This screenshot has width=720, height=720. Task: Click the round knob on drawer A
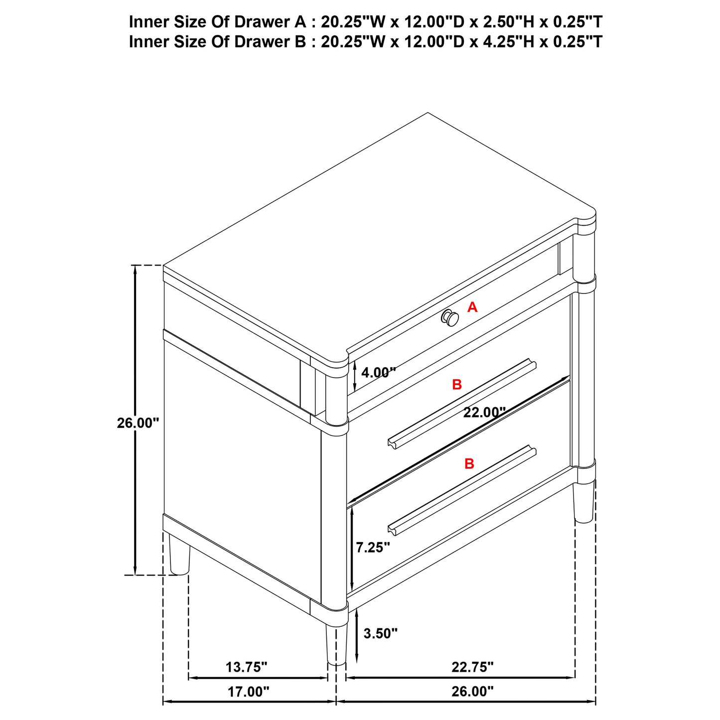click(449, 317)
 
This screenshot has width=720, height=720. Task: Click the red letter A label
click(472, 307)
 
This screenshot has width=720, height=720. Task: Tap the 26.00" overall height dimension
click(138, 423)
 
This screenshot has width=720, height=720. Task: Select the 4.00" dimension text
click(378, 372)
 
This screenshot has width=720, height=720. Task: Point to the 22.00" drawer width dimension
click(484, 413)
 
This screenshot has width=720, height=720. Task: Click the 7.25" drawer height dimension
click(373, 548)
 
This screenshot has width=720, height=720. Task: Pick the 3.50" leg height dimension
click(381, 633)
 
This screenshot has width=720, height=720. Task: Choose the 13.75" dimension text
click(247, 667)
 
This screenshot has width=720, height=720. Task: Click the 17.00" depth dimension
click(248, 692)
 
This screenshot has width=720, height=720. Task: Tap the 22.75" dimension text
click(472, 667)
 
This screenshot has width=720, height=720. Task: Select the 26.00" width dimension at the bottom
click(472, 692)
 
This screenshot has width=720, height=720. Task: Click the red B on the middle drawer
click(457, 385)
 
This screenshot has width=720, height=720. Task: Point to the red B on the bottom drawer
click(469, 464)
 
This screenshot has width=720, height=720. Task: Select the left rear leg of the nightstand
click(179, 554)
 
